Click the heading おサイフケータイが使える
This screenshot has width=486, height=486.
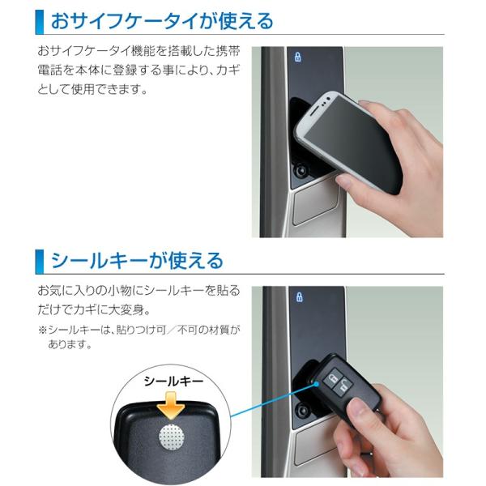(162, 20)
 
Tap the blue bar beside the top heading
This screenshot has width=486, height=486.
(38, 21)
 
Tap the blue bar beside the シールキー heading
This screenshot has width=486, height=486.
(38, 259)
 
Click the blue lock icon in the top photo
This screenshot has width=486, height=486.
(298, 58)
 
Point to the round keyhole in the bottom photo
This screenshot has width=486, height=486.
(306, 410)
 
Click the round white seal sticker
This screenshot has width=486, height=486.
(173, 437)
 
